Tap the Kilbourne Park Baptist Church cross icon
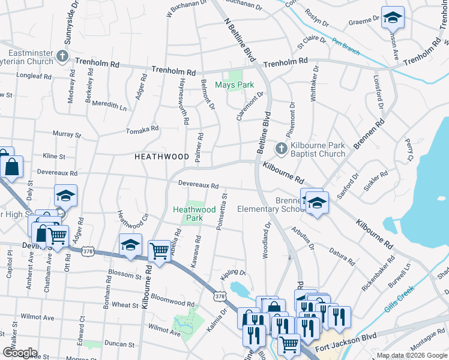(x=280, y=148)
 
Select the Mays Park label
(x=235, y=85)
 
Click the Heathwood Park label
(x=194, y=214)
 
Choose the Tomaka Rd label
(x=142, y=130)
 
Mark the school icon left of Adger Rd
(x=66, y=194)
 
